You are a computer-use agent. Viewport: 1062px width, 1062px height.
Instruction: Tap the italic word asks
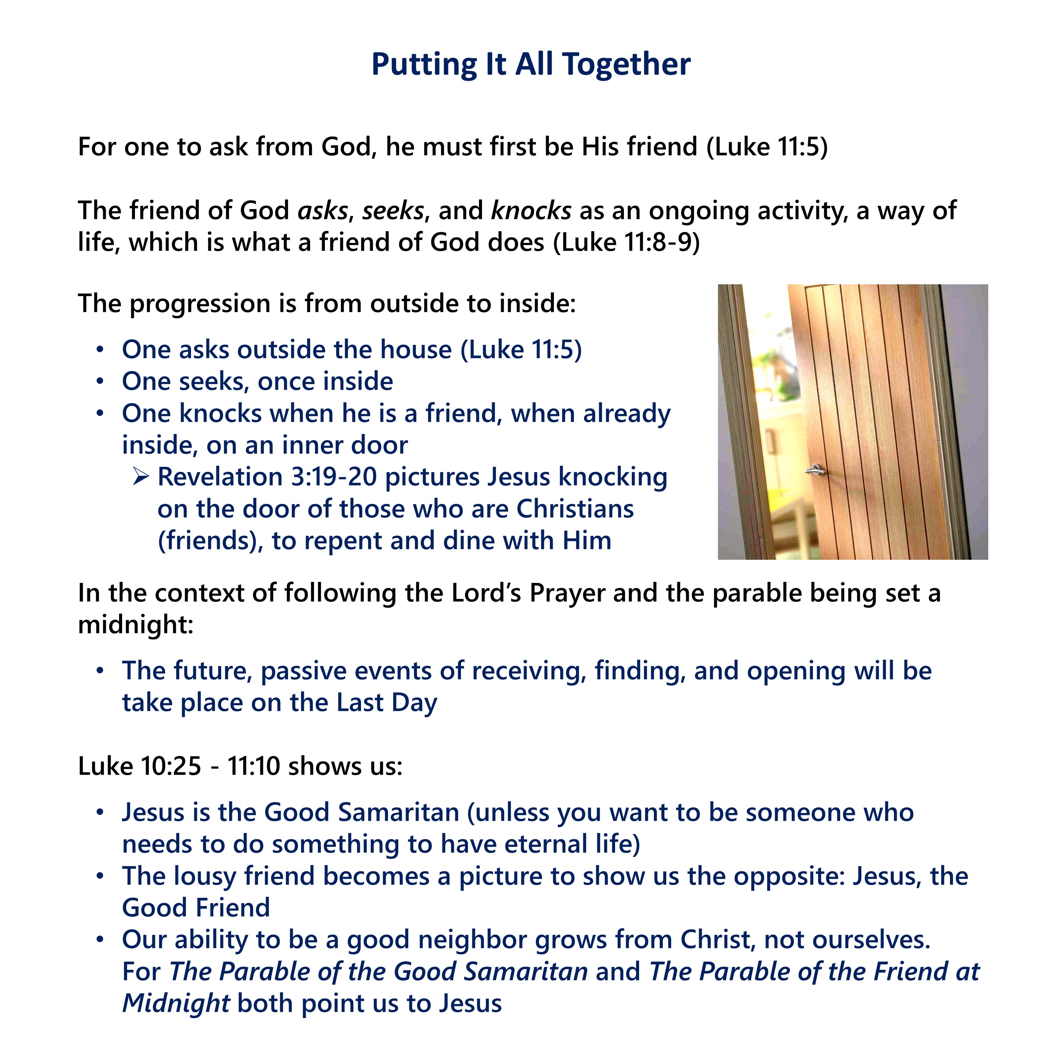pos(323,211)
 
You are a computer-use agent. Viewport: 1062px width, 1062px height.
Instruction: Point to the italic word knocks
pos(531,211)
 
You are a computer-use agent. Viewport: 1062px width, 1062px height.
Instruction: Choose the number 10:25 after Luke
pos(171,766)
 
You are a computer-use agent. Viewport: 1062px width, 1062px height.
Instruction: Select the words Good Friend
pos(196,908)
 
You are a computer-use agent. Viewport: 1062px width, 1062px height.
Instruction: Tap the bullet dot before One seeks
pos(100,382)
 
